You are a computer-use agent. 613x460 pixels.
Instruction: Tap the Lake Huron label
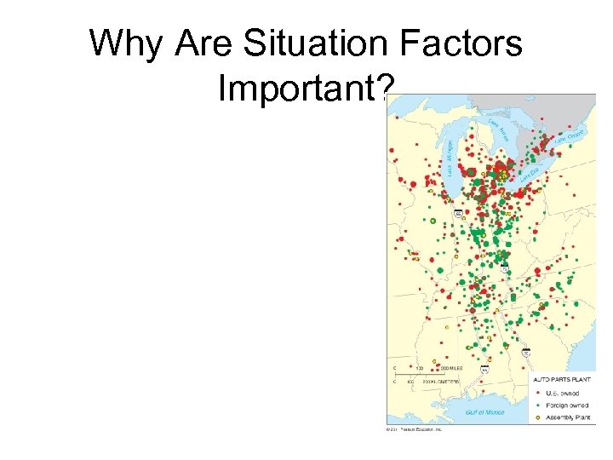point(499,129)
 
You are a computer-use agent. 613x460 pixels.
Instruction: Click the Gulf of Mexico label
point(484,412)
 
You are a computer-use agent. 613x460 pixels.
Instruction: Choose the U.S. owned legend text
point(564,393)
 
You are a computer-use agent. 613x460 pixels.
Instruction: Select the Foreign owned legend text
point(566,405)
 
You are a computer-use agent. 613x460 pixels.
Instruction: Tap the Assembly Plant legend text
point(567,418)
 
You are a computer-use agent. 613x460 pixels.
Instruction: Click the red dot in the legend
point(538,393)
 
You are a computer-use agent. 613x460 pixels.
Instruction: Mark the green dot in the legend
point(538,405)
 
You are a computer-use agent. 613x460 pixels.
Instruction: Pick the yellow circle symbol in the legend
point(538,418)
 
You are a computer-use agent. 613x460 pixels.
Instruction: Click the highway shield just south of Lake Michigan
point(458,213)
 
